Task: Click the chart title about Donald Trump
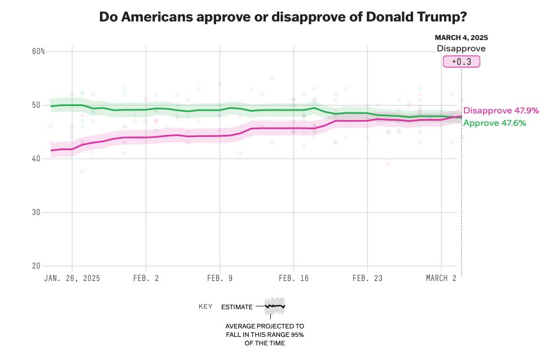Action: (283, 16)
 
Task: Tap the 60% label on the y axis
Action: (38, 51)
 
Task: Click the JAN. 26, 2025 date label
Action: (72, 278)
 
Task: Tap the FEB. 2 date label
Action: (146, 278)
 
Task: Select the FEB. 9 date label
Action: (220, 278)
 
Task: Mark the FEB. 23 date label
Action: (367, 278)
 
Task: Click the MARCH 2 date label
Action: (441, 278)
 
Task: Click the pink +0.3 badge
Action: (461, 62)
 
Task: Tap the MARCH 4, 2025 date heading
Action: (461, 37)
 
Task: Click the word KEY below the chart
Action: (205, 306)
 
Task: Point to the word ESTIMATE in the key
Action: (236, 306)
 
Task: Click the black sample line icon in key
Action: (275, 306)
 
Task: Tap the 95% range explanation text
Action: (265, 335)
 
